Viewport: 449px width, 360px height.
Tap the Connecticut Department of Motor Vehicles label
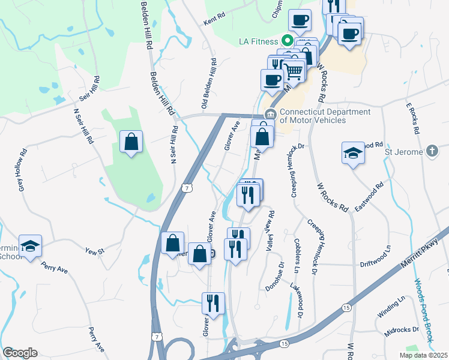point(313,116)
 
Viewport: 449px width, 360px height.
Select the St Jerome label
point(403,152)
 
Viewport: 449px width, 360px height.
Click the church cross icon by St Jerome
point(432,152)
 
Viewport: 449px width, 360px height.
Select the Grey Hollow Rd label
point(23,170)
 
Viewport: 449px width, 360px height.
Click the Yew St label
point(95,251)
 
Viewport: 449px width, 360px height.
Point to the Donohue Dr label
point(274,277)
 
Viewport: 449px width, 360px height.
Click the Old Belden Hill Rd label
point(210,85)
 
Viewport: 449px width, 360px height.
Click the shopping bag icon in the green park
point(131,143)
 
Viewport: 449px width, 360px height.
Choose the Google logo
point(20,353)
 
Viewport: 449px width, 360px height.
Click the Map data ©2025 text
point(423,355)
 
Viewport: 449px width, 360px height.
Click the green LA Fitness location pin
point(287,41)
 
